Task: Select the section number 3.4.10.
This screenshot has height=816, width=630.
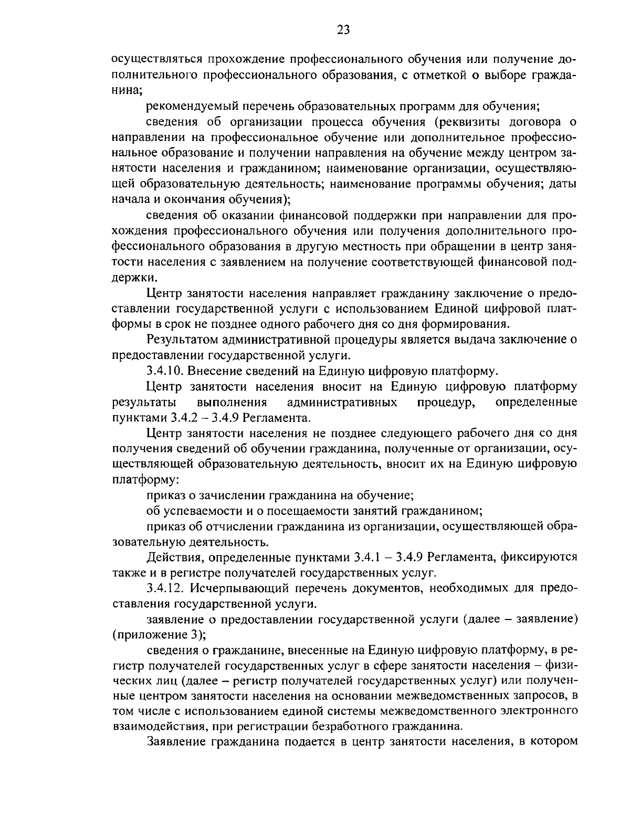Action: [x=164, y=371]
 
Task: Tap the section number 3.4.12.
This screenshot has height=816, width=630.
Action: [x=164, y=588]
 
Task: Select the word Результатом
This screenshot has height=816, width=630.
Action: [x=182, y=340]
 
